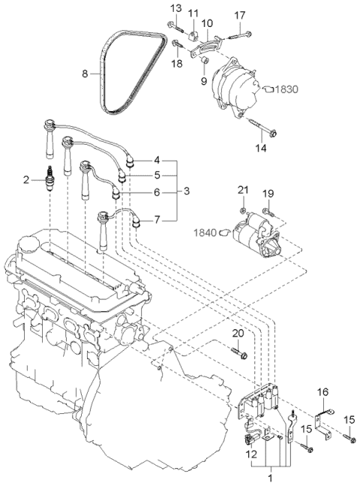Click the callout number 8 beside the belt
[84, 73]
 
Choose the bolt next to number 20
[238, 351]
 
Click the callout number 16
[322, 391]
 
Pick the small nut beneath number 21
[244, 209]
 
